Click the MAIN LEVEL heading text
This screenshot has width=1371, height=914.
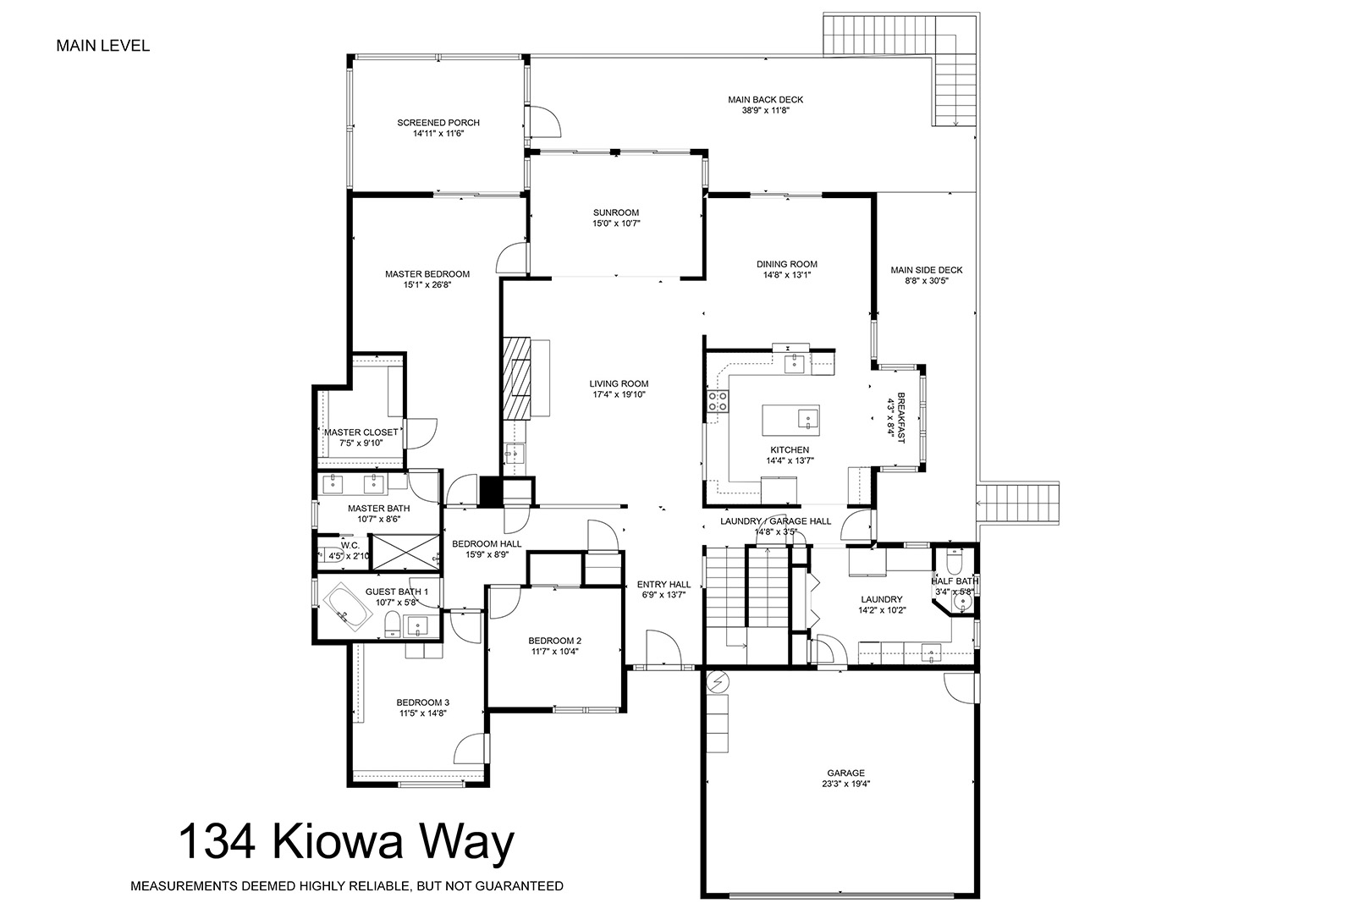(103, 46)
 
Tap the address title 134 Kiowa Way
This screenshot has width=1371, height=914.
(346, 842)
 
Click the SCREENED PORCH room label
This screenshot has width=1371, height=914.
(438, 123)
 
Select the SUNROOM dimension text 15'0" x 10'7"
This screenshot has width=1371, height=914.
(616, 223)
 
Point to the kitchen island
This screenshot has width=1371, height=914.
(790, 420)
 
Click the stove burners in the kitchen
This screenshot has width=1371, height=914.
(718, 401)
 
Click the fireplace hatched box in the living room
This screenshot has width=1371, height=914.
(516, 377)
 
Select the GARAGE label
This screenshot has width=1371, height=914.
(845, 774)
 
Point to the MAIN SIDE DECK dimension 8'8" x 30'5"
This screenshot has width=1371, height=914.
(926, 280)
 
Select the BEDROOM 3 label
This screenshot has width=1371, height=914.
(423, 702)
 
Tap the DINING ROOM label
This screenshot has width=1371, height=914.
(786, 264)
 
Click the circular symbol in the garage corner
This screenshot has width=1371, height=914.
(719, 680)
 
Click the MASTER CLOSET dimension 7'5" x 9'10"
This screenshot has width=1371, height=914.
(361, 443)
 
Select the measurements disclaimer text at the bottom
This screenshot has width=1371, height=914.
(346, 885)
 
